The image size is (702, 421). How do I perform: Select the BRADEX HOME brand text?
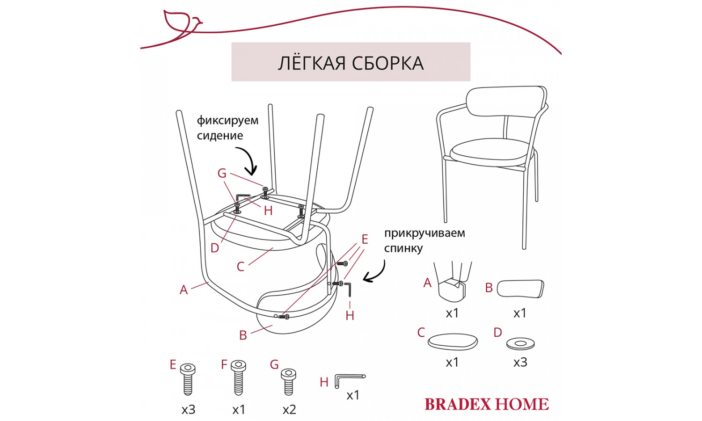pyautogui.click(x=486, y=404)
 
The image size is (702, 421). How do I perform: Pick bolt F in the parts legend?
pyautogui.click(x=238, y=377)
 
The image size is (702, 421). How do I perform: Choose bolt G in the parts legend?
pyautogui.click(x=288, y=381)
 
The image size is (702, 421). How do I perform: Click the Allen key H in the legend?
pyautogui.click(x=349, y=379)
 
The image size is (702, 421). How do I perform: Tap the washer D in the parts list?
pyautogui.click(x=520, y=344)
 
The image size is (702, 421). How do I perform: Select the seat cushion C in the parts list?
pyautogui.click(x=453, y=341)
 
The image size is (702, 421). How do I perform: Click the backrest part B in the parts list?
pyautogui.click(x=520, y=288)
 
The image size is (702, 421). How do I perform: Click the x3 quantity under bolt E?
pyautogui.click(x=188, y=410)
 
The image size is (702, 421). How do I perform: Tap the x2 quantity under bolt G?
pyautogui.click(x=289, y=410)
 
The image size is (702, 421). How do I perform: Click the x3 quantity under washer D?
pyautogui.click(x=520, y=362)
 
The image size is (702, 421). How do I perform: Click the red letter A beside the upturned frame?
pyautogui.click(x=183, y=290)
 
